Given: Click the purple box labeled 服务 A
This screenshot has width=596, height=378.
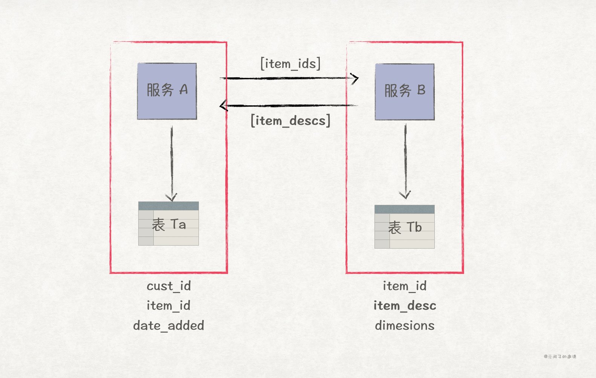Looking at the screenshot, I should (167, 91).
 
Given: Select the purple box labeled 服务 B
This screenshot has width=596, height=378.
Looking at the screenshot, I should (405, 92).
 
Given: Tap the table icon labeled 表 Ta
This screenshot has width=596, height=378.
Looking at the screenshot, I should (168, 224).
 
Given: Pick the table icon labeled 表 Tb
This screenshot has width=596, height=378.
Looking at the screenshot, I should (405, 227).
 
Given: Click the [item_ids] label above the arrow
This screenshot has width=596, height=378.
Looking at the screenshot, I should (290, 64).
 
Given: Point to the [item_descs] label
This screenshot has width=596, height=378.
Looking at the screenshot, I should (290, 121).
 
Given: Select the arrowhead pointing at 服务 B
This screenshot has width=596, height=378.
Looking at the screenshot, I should (355, 78).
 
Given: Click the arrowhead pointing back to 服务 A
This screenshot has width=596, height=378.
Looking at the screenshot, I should (223, 105).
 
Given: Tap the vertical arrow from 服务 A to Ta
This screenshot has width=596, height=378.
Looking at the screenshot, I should (171, 162).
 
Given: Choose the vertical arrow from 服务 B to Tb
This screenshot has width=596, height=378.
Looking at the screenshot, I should (405, 160).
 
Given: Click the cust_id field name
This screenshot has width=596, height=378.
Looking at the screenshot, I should (169, 286).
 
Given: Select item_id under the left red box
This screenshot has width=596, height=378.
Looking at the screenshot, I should (168, 306).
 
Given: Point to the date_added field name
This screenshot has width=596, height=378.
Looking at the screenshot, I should (168, 326).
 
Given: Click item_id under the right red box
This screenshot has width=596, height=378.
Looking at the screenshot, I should (405, 286).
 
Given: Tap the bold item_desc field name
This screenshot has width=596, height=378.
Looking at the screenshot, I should (405, 306).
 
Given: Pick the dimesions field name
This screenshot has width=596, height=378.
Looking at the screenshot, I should (405, 326).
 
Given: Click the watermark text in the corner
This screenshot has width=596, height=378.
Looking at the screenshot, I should (560, 356).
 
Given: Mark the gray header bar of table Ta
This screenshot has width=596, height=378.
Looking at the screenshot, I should (168, 206).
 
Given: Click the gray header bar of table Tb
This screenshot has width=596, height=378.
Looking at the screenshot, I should (405, 209).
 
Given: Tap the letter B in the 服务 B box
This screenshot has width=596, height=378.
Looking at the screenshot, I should (421, 90).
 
